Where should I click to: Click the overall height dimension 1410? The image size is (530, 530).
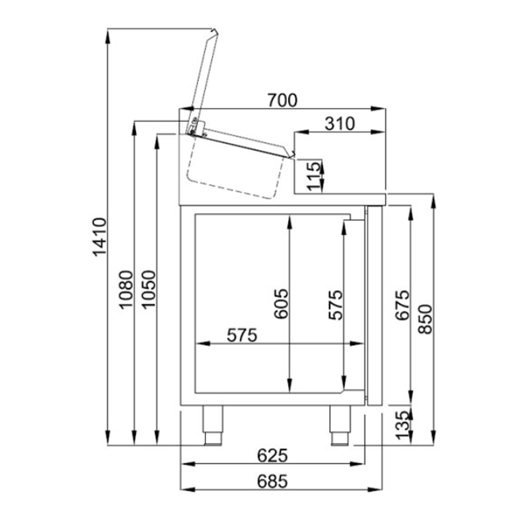(100, 236)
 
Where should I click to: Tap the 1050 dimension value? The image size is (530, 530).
(149, 290)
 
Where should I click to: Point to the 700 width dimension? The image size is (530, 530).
(282, 100)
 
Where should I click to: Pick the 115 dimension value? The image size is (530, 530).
(314, 176)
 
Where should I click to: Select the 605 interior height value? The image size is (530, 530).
(281, 303)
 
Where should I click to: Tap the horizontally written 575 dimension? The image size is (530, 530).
(242, 335)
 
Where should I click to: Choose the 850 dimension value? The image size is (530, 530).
(426, 319)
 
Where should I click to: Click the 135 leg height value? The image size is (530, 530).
(403, 424)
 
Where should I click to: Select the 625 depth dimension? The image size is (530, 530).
(272, 455)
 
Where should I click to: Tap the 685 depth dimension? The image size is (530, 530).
(272, 481)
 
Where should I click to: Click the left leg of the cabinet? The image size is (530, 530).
(213, 424)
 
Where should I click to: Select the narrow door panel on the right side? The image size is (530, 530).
(375, 305)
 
